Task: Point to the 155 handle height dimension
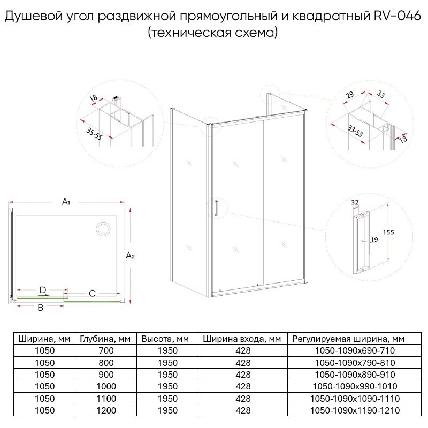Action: pyautogui.click(x=389, y=232)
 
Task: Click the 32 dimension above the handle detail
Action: pyautogui.click(x=355, y=203)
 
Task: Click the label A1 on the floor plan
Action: pyautogui.click(x=66, y=202)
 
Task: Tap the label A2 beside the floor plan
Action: pyautogui.click(x=130, y=256)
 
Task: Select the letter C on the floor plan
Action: pyautogui.click(x=92, y=293)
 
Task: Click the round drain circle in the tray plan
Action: pyautogui.click(x=102, y=229)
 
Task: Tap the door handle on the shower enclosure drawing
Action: pyautogui.click(x=216, y=209)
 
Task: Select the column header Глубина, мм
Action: pyautogui.click(x=105, y=339)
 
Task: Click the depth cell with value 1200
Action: pyautogui.click(x=107, y=410)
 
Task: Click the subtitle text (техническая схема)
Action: pyautogui.click(x=213, y=33)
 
